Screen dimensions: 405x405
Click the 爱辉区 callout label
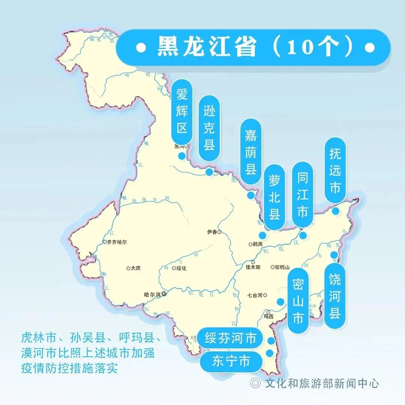182,111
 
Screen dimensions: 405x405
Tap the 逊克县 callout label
209,128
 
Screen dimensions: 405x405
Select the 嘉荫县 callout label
250,152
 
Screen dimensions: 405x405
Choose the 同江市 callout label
302,195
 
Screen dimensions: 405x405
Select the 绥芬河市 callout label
231,339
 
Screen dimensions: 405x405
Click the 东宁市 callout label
231,361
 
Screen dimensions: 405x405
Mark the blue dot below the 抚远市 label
336,211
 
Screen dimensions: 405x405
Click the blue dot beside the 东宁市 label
269,353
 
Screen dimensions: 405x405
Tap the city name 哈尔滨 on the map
152,295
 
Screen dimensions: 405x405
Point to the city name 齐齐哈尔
117,242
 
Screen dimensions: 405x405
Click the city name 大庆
136,268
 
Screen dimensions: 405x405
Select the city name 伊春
212,232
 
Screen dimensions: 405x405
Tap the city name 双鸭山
282,267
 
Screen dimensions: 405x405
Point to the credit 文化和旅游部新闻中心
321,383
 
